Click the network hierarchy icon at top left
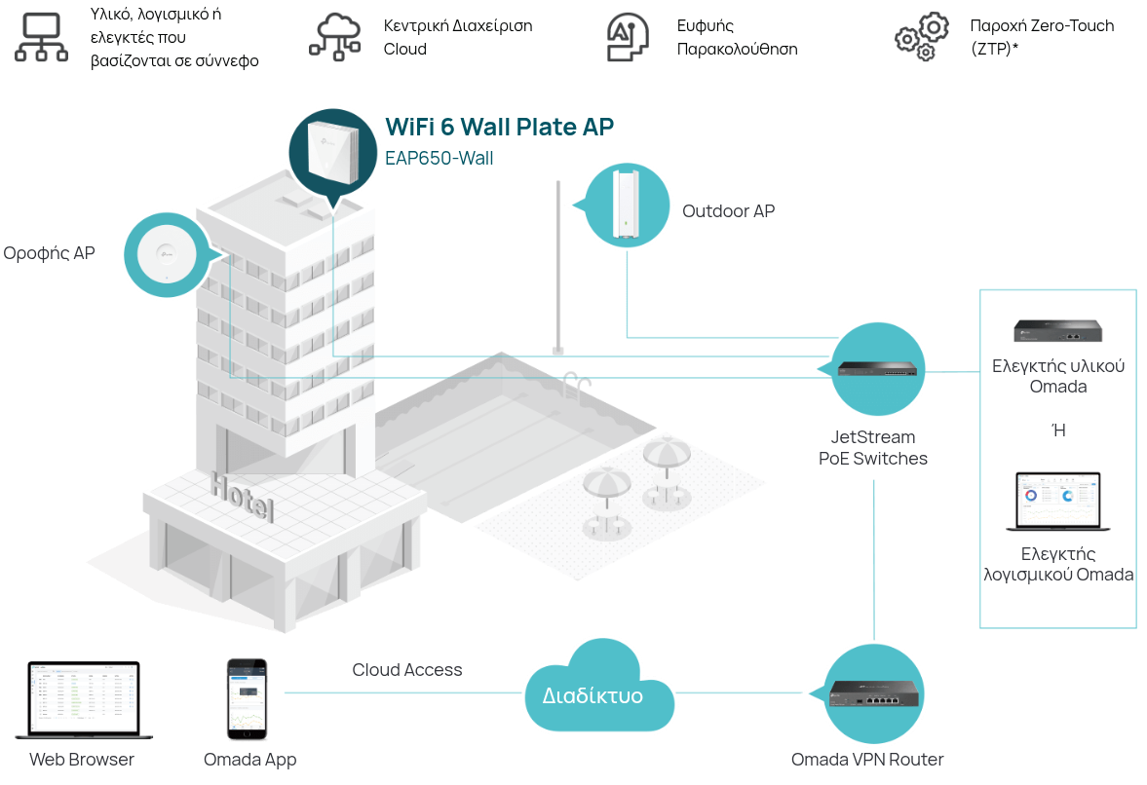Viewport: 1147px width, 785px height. pyautogui.click(x=42, y=37)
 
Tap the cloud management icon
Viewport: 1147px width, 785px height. pyautogui.click(x=335, y=37)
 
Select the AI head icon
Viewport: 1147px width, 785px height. pyautogui.click(x=628, y=37)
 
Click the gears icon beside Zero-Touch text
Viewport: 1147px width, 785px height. pyautogui.click(x=922, y=37)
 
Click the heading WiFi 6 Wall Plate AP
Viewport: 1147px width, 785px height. pyautogui.click(x=500, y=127)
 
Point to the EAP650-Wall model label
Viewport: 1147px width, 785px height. pyautogui.click(x=439, y=158)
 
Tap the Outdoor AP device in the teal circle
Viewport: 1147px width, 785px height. pyautogui.click(x=627, y=204)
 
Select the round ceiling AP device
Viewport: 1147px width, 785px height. pyautogui.click(x=167, y=255)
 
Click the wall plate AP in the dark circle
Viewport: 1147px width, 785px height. pyautogui.click(x=333, y=152)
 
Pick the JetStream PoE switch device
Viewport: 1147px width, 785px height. pyautogui.click(x=878, y=369)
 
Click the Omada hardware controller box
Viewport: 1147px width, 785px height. pyautogui.click(x=1057, y=331)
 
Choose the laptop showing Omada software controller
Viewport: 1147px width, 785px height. pyautogui.click(x=1058, y=502)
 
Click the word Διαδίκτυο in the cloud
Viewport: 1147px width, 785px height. pyautogui.click(x=593, y=695)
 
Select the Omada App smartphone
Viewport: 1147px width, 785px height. pyautogui.click(x=247, y=699)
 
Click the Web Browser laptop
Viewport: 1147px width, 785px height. pyautogui.click(x=84, y=700)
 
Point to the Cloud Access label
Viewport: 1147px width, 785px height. pyautogui.click(x=407, y=669)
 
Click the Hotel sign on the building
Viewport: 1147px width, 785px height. pyautogui.click(x=243, y=497)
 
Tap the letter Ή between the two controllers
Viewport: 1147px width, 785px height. pyautogui.click(x=1058, y=430)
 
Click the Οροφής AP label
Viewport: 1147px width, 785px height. pyautogui.click(x=49, y=253)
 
